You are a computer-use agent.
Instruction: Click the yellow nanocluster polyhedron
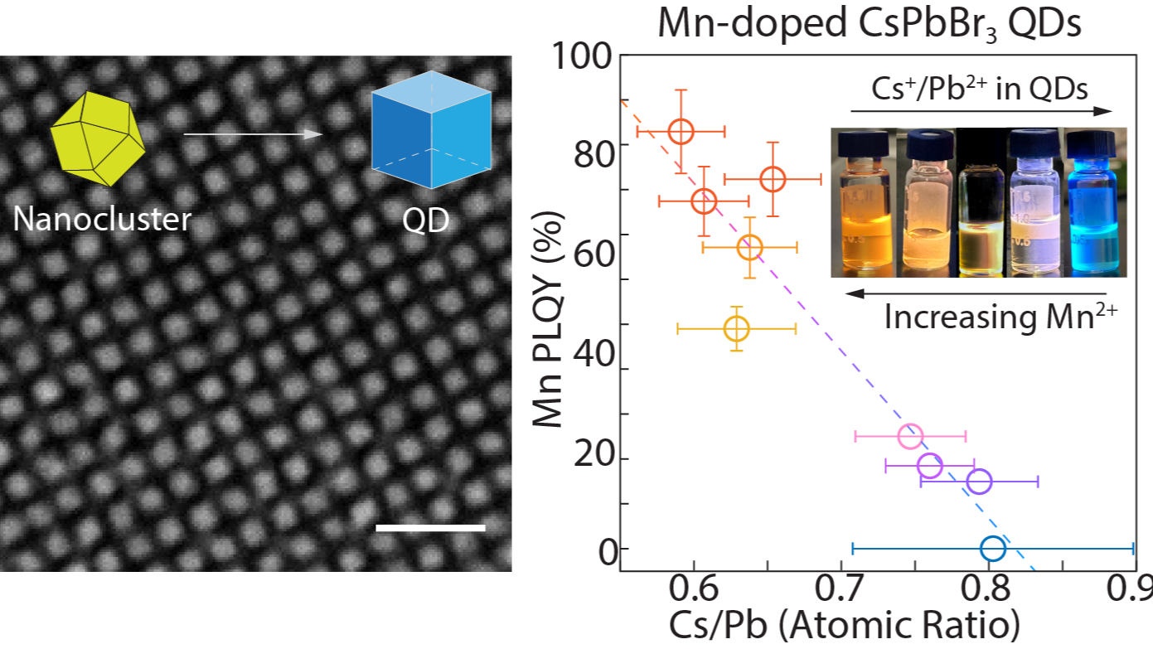coord(98,138)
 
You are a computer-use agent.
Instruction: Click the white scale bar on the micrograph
coord(430,527)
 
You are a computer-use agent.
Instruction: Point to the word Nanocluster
coord(102,219)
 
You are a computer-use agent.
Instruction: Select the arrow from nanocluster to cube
coord(252,133)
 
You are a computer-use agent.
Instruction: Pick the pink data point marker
coord(910,436)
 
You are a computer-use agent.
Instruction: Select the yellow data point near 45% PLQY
coord(736,329)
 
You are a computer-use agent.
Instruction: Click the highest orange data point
coord(681,132)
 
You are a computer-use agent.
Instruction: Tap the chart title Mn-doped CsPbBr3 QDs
coord(870,24)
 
